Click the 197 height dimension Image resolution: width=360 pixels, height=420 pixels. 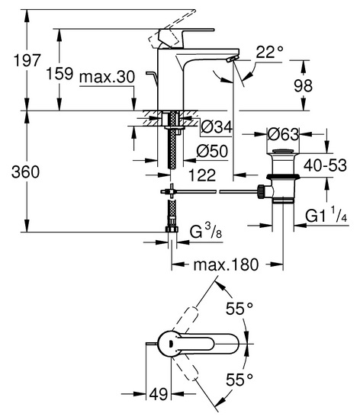(x=27, y=60)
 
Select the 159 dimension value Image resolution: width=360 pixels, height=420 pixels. (x=59, y=73)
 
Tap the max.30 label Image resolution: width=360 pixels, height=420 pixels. (x=107, y=78)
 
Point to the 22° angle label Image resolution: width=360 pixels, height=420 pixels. (x=269, y=52)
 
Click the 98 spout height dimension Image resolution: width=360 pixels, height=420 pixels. (x=303, y=86)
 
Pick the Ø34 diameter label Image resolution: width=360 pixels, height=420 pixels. (x=217, y=127)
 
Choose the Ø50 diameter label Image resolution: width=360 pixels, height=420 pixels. (x=212, y=152)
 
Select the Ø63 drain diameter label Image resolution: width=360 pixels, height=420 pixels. (x=283, y=134)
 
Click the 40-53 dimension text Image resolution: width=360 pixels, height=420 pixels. (x=325, y=165)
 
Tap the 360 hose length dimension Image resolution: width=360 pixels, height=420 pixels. (x=25, y=172)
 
